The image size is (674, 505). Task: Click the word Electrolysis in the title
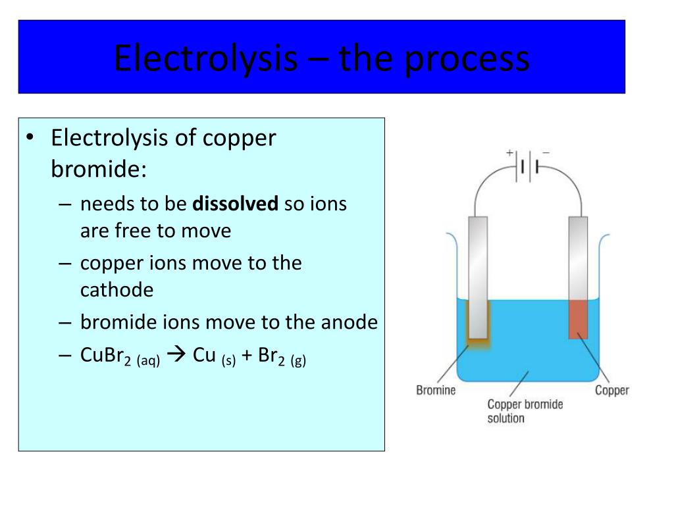tap(205, 59)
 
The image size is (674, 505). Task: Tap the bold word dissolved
tap(235, 203)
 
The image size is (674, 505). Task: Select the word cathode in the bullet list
tap(117, 290)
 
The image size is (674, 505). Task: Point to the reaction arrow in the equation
tap(176, 354)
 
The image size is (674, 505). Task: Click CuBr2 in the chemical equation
tap(106, 356)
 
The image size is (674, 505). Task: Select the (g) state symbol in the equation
tap(298, 361)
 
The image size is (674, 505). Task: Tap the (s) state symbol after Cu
tap(228, 360)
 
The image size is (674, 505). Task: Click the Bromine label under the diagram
tap(436, 390)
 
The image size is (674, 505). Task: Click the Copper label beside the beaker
tap(611, 391)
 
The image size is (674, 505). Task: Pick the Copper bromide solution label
tap(525, 411)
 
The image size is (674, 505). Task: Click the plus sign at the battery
tap(509, 153)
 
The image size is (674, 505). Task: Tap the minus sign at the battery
tap(546, 152)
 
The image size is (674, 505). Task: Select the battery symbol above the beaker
tap(529, 166)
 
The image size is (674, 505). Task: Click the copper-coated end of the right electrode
tap(578, 319)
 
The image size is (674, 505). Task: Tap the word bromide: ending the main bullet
tap(99, 169)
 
